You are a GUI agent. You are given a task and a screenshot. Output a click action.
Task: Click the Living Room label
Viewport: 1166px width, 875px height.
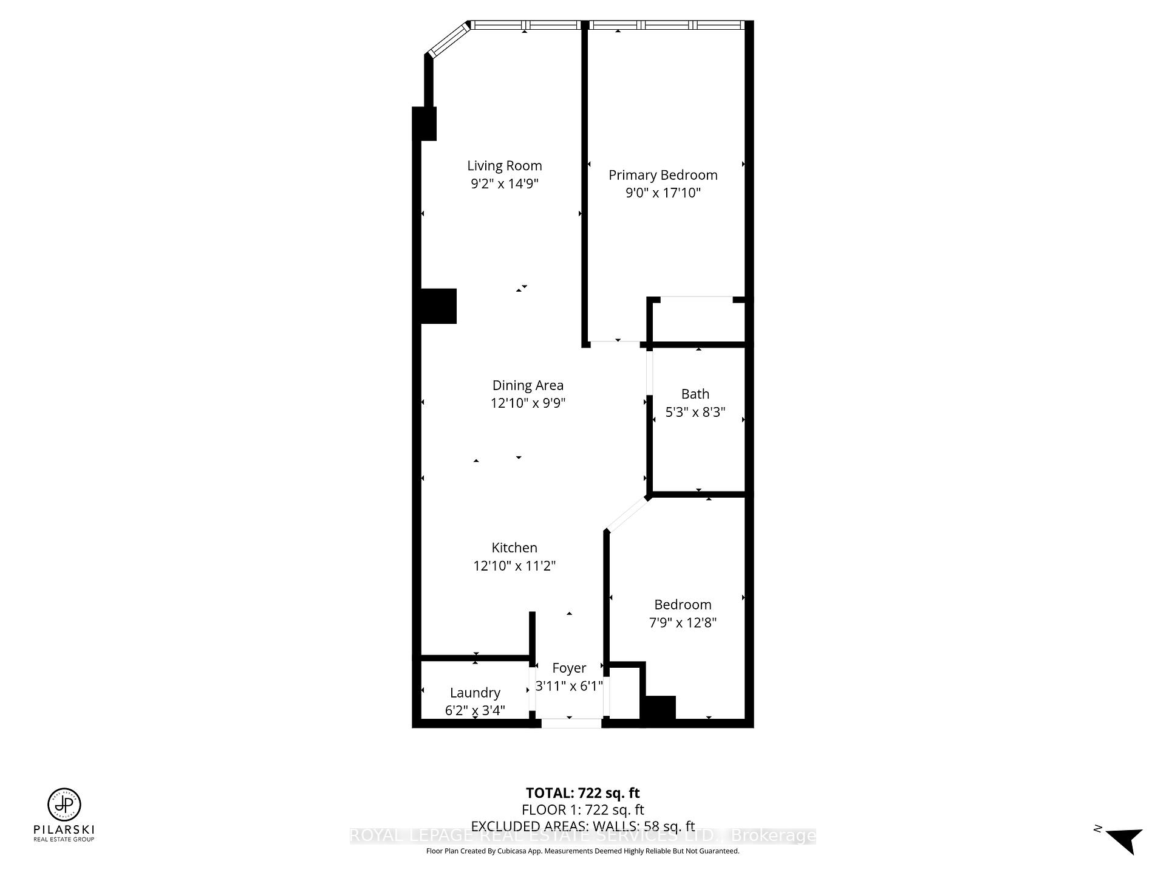point(504,166)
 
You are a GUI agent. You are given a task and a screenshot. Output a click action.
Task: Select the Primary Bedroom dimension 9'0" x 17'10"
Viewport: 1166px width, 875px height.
point(663,193)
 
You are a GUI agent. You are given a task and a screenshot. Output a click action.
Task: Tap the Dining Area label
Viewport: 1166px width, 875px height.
point(527,385)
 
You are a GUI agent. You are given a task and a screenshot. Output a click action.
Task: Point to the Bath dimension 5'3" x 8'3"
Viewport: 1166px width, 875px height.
point(695,412)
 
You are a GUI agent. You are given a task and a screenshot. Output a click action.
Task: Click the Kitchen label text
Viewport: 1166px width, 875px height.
point(514,547)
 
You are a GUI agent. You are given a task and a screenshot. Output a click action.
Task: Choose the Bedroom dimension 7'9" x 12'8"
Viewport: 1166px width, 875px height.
point(683,623)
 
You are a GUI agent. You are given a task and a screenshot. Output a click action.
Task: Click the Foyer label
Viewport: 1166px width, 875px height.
point(569,668)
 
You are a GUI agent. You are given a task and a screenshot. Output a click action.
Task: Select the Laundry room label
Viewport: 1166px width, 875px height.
point(475,693)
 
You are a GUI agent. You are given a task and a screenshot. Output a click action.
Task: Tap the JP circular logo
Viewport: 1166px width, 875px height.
point(64,805)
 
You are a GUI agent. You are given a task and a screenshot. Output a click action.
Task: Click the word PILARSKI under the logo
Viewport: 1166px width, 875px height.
point(64,829)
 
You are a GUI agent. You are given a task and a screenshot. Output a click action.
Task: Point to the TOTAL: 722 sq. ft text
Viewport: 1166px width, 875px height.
point(582,793)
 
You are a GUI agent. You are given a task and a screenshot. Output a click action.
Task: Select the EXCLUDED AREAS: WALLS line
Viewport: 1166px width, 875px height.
point(582,826)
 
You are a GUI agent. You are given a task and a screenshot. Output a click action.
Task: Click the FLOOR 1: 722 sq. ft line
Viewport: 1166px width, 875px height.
point(582,809)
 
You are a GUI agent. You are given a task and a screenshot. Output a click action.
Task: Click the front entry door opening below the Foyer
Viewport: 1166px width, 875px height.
point(571,723)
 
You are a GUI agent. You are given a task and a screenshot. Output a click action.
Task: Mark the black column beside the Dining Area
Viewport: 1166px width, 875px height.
point(439,306)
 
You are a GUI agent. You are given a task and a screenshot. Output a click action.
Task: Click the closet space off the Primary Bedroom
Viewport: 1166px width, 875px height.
point(697,321)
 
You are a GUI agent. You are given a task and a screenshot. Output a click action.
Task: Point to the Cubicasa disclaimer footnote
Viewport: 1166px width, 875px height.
point(582,851)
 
